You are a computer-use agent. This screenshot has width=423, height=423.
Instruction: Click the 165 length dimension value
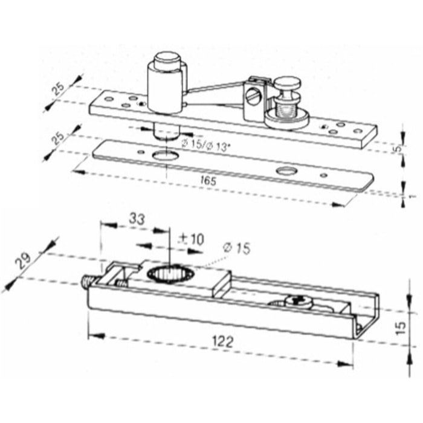208,181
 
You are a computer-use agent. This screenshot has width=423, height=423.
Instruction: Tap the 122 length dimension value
222,341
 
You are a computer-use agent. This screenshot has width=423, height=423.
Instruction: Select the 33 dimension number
137,219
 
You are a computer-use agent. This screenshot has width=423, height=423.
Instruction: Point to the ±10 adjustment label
192,239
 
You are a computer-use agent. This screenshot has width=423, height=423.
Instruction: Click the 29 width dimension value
25,261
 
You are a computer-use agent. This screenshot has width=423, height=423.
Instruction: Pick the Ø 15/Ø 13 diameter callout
206,146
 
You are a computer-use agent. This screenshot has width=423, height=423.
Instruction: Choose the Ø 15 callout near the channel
237,248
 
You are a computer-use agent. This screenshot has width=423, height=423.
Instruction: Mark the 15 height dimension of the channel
401,328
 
